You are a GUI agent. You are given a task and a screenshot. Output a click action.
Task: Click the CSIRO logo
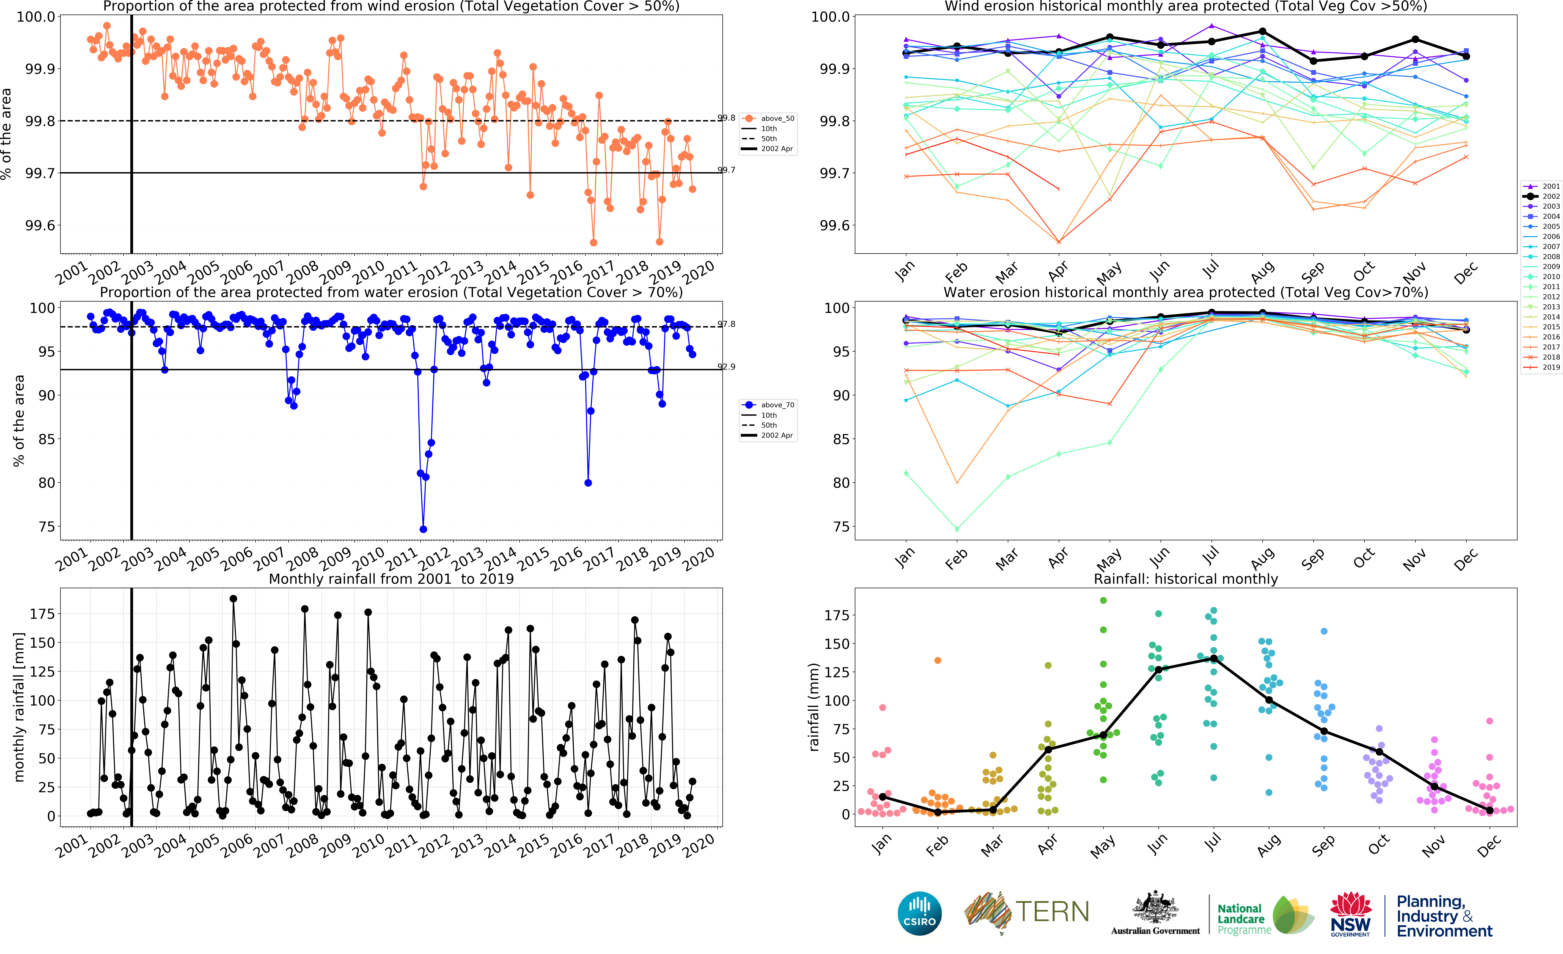[x=919, y=913]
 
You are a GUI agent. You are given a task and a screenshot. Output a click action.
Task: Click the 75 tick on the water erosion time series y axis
[x=46, y=527]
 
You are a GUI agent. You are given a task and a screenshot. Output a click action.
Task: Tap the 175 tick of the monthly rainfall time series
[x=42, y=614]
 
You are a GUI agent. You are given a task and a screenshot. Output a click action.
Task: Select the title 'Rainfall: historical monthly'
[x=1186, y=579]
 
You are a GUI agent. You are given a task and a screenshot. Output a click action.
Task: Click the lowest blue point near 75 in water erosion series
[x=423, y=529]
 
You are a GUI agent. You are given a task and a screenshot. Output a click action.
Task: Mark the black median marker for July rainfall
[x=1213, y=659]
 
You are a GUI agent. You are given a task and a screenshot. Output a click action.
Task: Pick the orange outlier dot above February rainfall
[x=938, y=661]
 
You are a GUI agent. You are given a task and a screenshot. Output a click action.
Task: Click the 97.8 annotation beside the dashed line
[x=726, y=324]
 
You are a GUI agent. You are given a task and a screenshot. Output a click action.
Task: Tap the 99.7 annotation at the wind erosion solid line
[x=726, y=170]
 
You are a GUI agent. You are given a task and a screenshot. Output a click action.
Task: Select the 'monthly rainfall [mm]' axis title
[x=19, y=707]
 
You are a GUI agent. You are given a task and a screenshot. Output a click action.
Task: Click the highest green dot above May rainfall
[x=1103, y=600]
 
